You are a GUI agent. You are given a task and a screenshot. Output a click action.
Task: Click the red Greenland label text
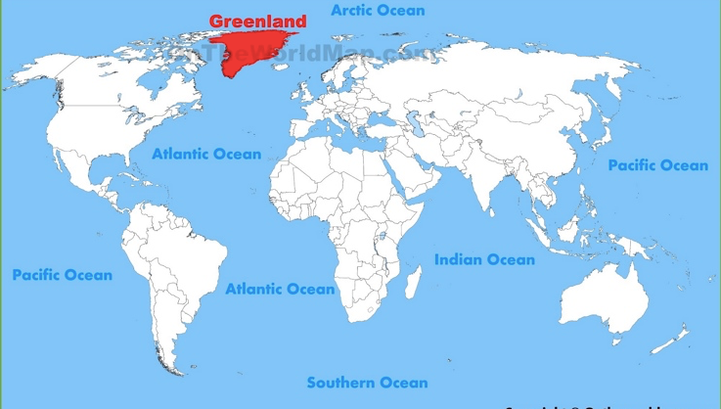click(x=257, y=21)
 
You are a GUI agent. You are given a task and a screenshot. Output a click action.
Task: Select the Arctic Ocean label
click(x=378, y=11)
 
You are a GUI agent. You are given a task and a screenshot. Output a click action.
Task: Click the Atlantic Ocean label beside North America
click(x=206, y=154)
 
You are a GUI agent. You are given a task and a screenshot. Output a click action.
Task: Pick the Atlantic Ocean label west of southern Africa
click(x=280, y=289)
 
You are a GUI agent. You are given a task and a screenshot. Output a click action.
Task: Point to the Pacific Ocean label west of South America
click(x=62, y=275)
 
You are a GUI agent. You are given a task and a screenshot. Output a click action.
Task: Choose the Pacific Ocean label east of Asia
click(x=657, y=165)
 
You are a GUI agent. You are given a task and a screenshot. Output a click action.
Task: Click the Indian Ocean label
click(x=484, y=259)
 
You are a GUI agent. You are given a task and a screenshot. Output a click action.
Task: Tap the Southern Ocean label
click(x=367, y=383)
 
